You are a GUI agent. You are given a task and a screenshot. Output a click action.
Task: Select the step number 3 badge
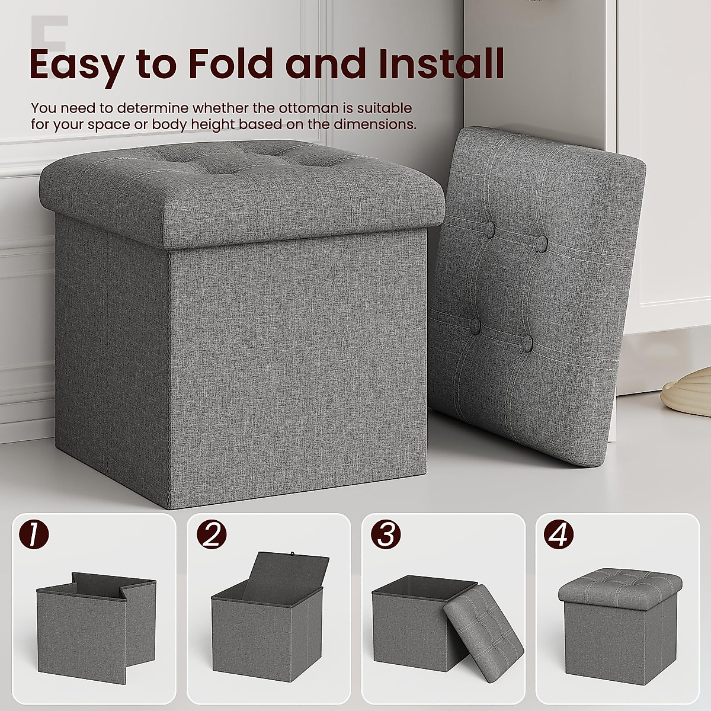tap(386, 535)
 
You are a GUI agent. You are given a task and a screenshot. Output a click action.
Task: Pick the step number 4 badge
tap(560, 535)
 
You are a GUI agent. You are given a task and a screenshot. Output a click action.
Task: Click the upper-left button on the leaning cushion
tap(491, 229)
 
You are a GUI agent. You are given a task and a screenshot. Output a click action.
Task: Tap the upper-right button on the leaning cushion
tap(542, 241)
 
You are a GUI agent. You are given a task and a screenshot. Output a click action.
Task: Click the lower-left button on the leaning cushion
tap(475, 325)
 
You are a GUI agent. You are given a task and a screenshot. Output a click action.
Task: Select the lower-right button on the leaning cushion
tap(527, 343)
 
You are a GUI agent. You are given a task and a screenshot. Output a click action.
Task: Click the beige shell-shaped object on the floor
tap(687, 393)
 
